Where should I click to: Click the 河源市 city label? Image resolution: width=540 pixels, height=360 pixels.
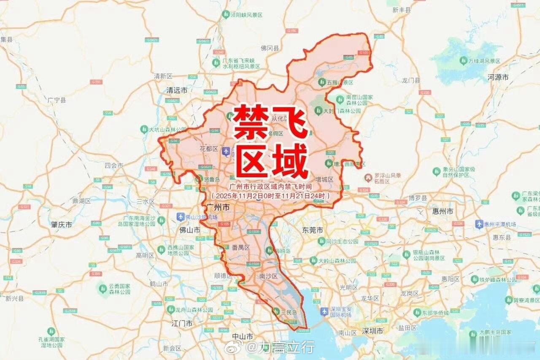[498, 77]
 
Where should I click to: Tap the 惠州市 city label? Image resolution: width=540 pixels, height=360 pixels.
[443, 211]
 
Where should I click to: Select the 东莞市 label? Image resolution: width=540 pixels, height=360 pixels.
[313, 230]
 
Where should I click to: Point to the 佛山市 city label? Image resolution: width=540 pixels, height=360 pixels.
[190, 230]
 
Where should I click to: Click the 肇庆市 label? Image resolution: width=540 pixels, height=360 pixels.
[62, 225]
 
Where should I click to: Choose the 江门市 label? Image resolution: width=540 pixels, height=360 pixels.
[182, 324]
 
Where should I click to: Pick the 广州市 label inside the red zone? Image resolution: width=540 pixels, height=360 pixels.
[219, 207]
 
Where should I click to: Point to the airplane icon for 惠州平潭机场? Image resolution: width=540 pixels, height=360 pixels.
[479, 224]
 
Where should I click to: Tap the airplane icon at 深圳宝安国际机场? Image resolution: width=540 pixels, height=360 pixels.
[324, 311]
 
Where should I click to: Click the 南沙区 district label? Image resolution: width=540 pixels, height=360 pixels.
[268, 276]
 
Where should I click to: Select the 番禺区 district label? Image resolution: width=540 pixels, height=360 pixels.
[241, 247]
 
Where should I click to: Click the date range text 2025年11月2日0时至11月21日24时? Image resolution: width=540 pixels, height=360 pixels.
[270, 196]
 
